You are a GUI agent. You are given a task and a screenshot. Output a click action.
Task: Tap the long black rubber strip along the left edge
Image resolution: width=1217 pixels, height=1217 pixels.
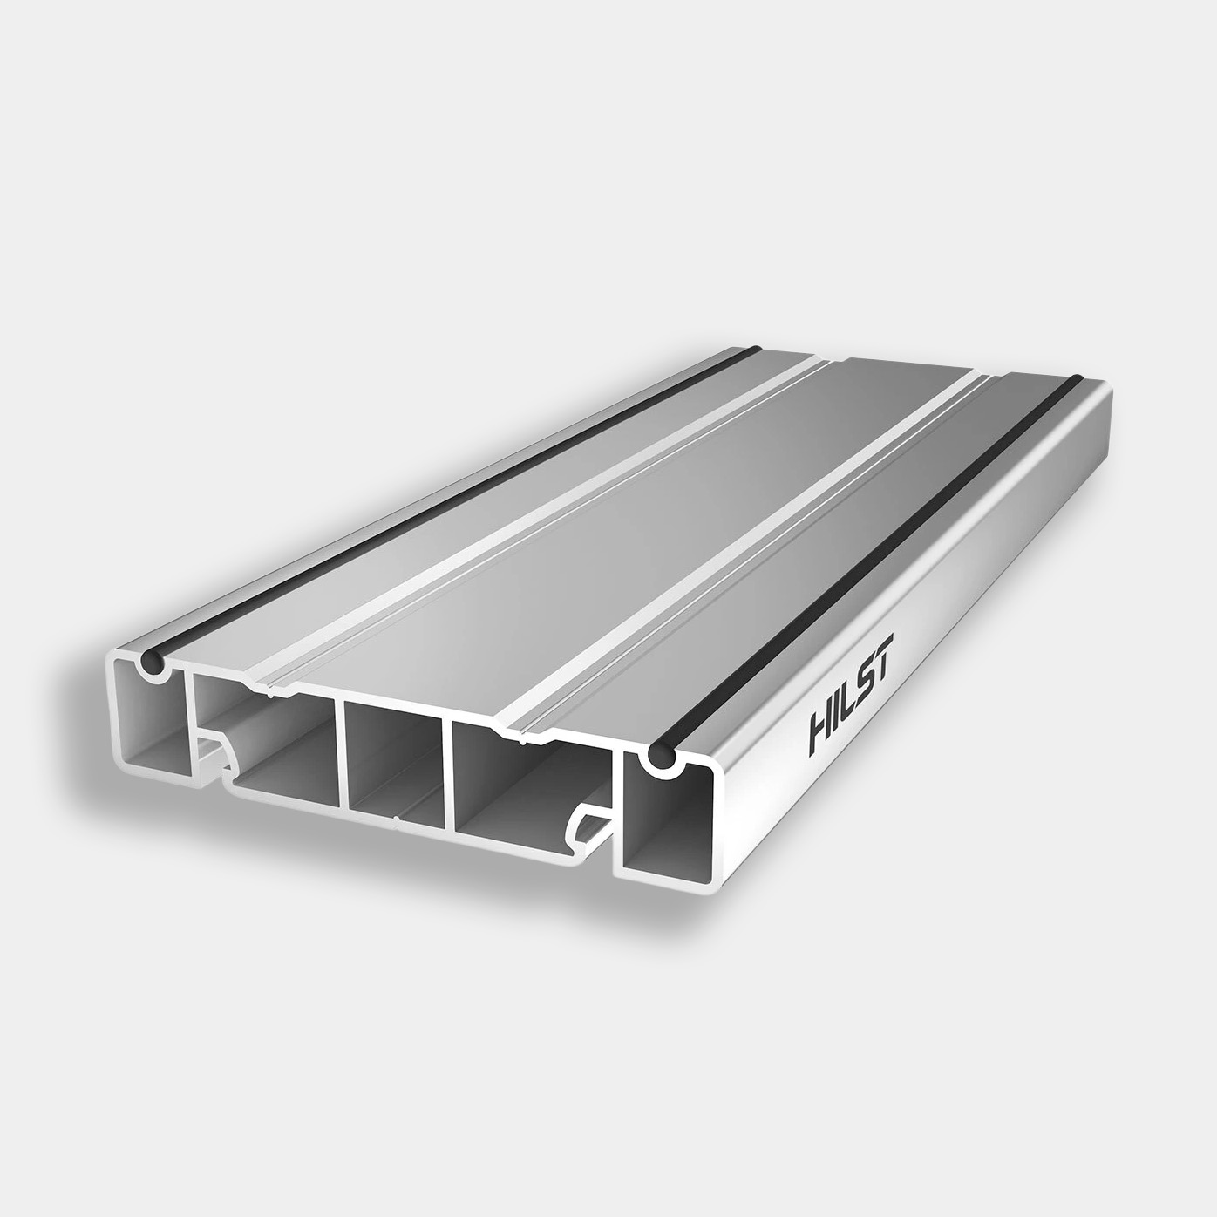coord(436,506)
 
